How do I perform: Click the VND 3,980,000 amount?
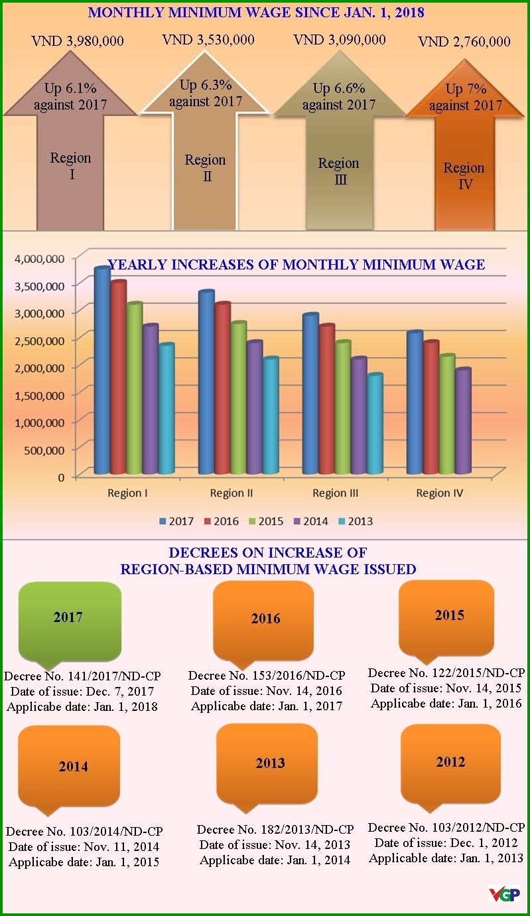tap(78, 41)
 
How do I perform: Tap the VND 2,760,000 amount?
tap(464, 42)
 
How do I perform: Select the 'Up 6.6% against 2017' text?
tap(339, 96)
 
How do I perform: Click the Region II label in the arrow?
tap(205, 167)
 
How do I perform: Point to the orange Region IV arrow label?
tap(464, 175)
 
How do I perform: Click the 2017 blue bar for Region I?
tap(101, 372)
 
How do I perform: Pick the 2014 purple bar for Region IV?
tap(462, 421)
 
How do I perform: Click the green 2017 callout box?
tap(69, 618)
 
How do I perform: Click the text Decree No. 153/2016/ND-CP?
tap(267, 676)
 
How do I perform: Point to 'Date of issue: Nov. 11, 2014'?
tap(84, 846)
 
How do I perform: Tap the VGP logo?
tap(504, 894)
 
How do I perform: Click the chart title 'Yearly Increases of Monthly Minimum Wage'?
tap(296, 265)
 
